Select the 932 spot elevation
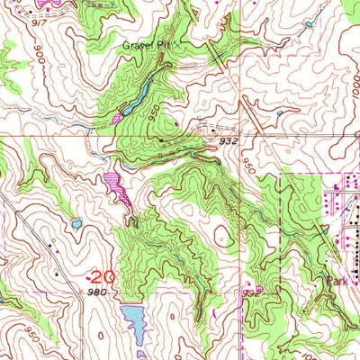[228, 140]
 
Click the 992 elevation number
[248, 292]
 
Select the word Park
[337, 281]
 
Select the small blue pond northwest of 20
[76, 223]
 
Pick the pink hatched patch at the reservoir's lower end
[118, 118]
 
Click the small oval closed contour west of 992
[221, 236]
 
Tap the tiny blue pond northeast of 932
[280, 112]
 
